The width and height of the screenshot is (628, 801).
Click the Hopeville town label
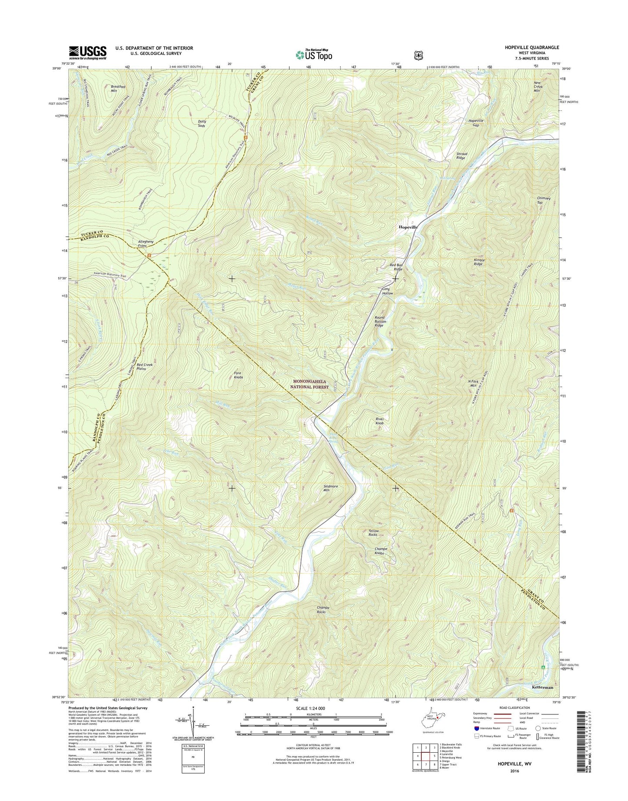tap(408, 227)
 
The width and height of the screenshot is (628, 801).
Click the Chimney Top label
tap(543, 200)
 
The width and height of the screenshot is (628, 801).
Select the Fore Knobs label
tap(238, 375)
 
